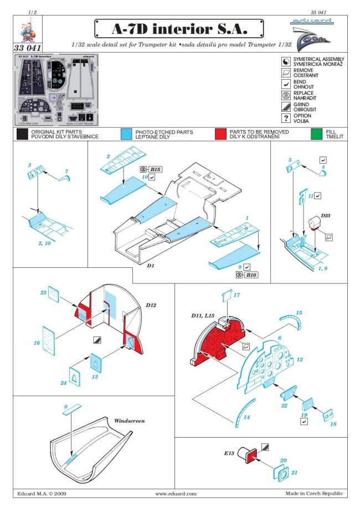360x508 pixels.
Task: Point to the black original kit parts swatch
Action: click(x=22, y=134)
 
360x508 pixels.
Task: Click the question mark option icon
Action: click(x=286, y=118)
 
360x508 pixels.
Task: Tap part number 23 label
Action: click(x=43, y=292)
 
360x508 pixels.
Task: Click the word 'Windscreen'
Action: click(x=129, y=421)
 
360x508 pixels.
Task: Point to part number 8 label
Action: click(x=65, y=407)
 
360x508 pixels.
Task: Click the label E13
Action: click(x=230, y=453)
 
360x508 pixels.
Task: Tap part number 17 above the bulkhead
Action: click(x=236, y=295)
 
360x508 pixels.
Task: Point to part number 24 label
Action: click(x=64, y=382)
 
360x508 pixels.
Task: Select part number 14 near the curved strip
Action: click(x=246, y=417)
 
